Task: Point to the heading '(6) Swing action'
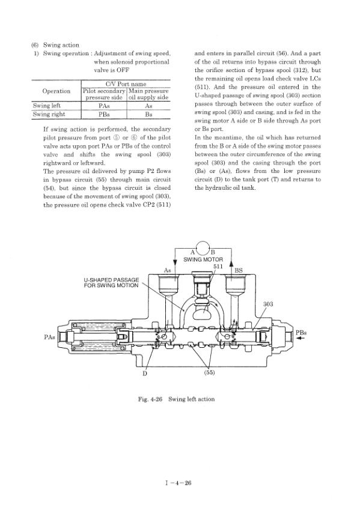(x=55, y=44)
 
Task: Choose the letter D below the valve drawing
(x=144, y=373)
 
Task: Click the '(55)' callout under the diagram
(x=210, y=372)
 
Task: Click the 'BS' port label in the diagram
(x=238, y=270)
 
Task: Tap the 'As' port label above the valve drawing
(x=169, y=270)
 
